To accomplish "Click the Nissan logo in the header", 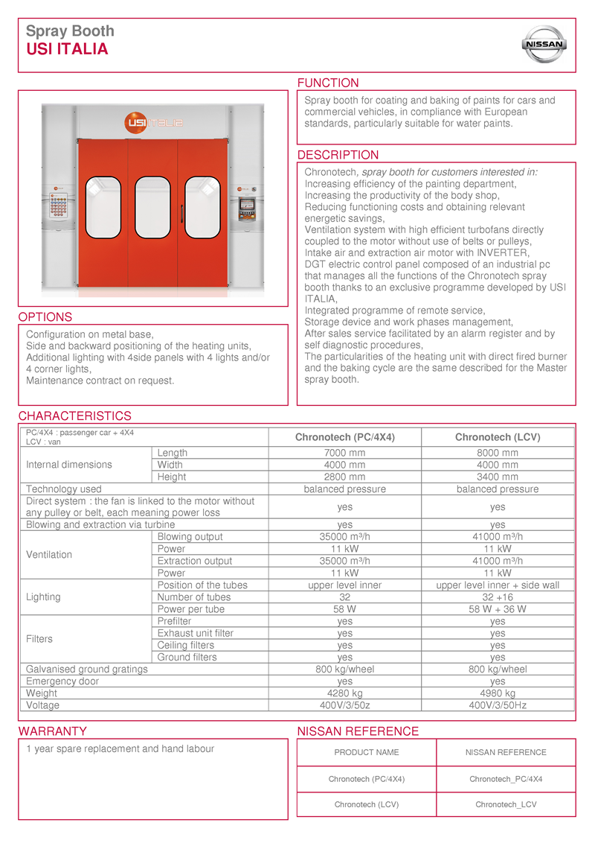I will (x=546, y=45).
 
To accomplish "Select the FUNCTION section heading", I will (x=328, y=83).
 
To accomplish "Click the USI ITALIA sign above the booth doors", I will (x=155, y=121).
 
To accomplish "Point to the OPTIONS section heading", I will (x=45, y=316).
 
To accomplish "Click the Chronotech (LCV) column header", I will (x=498, y=437).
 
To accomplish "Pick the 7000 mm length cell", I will (x=344, y=453).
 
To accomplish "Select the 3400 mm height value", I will (x=498, y=477).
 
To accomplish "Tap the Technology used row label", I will (x=64, y=489).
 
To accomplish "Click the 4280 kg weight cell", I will (x=344, y=693).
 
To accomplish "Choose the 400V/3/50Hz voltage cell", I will (x=498, y=705).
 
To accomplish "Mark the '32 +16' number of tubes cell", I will (x=498, y=597).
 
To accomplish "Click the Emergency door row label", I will (x=62, y=681).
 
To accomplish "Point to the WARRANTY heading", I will (x=53, y=731).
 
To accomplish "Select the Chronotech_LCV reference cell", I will (x=506, y=804).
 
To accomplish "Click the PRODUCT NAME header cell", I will (x=367, y=752).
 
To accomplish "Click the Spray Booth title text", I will (x=71, y=31).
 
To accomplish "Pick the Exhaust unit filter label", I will (x=196, y=633).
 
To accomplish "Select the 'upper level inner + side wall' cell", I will (x=498, y=585).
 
